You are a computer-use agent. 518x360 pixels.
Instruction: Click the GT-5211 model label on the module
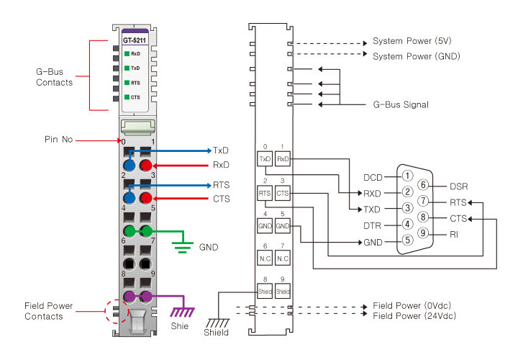(x=136, y=41)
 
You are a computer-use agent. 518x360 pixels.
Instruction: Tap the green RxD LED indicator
(x=127, y=54)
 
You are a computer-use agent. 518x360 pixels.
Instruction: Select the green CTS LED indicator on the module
(x=127, y=97)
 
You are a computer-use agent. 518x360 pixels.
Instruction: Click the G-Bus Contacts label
(x=54, y=77)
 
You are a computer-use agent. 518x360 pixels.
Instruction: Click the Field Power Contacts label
(x=49, y=311)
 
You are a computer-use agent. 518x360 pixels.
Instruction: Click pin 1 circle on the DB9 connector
(x=406, y=176)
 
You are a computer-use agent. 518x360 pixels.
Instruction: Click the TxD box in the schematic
(x=264, y=158)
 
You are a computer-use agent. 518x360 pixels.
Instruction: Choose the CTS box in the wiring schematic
(x=283, y=193)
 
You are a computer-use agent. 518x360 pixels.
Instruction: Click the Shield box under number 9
(x=283, y=292)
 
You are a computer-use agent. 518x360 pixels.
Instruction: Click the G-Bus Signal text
(x=401, y=104)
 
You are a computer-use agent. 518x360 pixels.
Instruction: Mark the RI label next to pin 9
(x=453, y=233)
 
